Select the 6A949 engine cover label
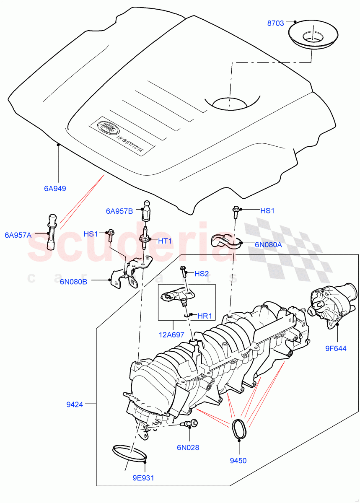pos(55,188)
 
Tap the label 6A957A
pos(18,235)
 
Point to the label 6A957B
pos(119,211)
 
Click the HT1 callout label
pos(165,241)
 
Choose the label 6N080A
pos(268,245)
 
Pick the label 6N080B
pos(73,281)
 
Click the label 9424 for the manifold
pos(75,404)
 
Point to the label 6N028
pos(187,447)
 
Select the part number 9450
pos(238,460)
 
